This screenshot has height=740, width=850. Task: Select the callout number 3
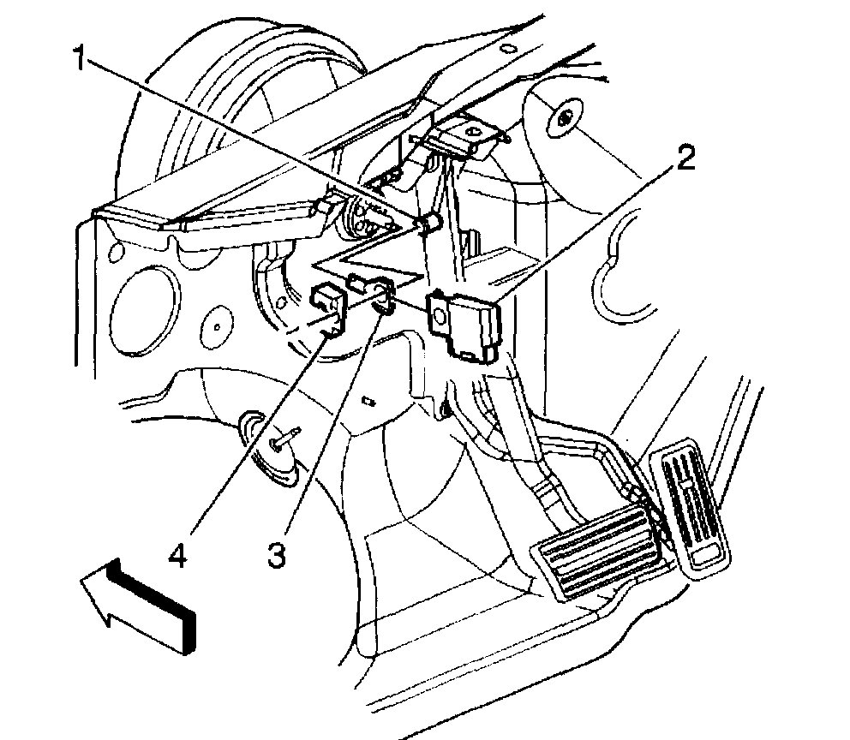pyautogui.click(x=276, y=558)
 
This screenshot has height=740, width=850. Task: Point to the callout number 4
pyautogui.click(x=177, y=557)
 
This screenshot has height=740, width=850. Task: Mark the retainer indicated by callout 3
pyautogui.click(x=382, y=294)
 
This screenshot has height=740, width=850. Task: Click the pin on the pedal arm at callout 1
pyautogui.click(x=428, y=224)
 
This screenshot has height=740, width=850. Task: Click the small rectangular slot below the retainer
pyautogui.click(x=368, y=400)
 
